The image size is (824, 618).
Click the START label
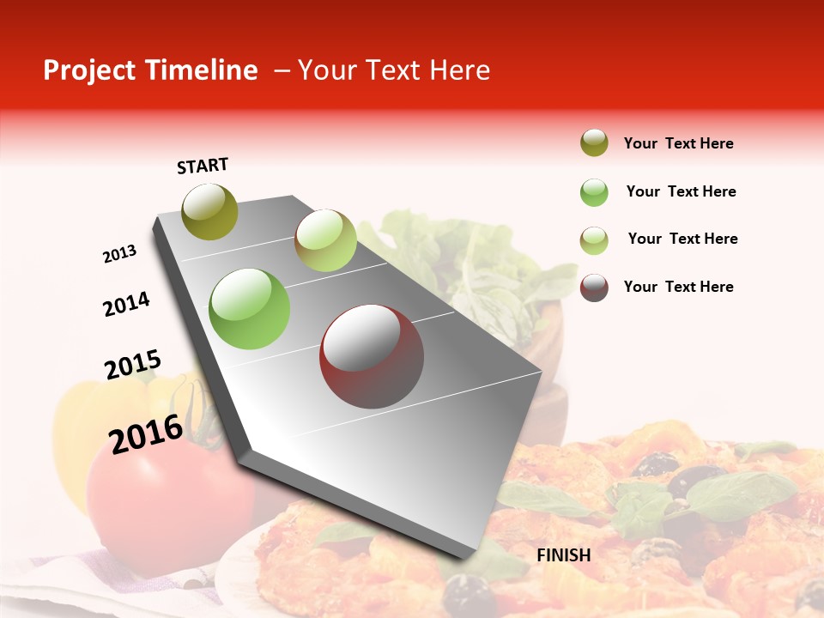(x=203, y=166)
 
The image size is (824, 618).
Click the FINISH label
(x=564, y=555)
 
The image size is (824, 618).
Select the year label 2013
(x=119, y=254)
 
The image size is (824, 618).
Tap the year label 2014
(x=126, y=304)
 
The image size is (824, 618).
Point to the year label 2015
(x=133, y=365)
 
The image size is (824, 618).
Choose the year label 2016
(x=147, y=433)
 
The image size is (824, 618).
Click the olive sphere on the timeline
(x=210, y=211)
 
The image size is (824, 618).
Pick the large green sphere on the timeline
(x=250, y=309)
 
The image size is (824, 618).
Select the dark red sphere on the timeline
(x=372, y=356)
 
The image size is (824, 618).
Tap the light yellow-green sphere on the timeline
(x=325, y=240)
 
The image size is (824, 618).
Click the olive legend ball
(x=594, y=142)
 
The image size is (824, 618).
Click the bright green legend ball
(x=594, y=192)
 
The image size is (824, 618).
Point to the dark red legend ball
(x=594, y=288)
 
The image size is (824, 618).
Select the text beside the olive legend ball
(x=678, y=143)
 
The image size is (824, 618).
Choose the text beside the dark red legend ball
(x=678, y=287)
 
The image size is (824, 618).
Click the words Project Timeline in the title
(x=150, y=70)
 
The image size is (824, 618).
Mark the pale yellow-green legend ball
(x=594, y=240)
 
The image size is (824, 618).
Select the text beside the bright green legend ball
(x=681, y=191)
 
